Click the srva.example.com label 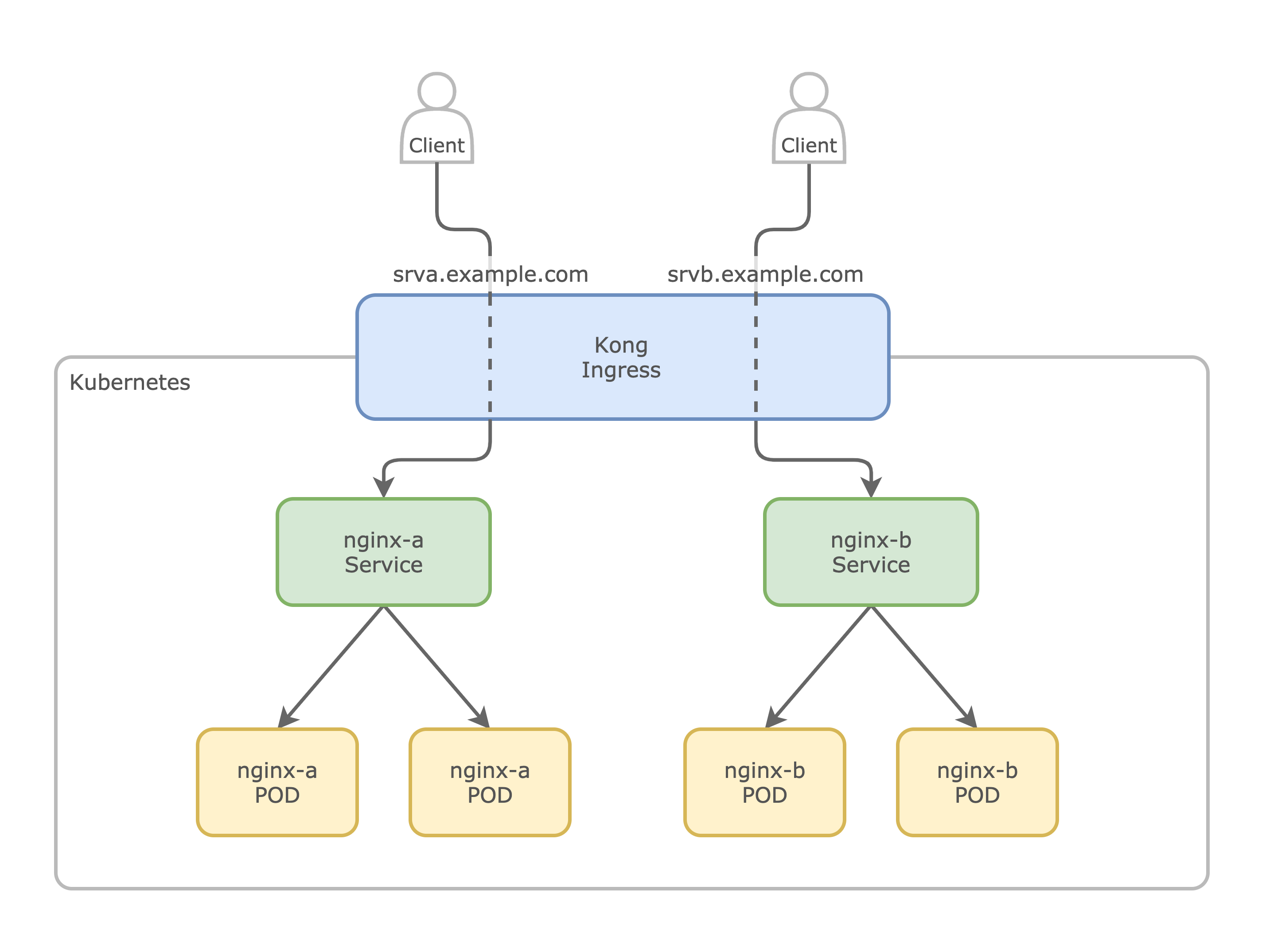[x=490, y=274]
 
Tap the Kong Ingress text [x=621, y=357]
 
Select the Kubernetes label [x=129, y=382]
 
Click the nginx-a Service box [x=383, y=552]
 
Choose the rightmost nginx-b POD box [x=977, y=782]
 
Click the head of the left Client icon [x=436, y=91]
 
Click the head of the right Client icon [x=809, y=91]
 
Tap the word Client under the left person [x=436, y=146]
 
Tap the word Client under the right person [x=809, y=146]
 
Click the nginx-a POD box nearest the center [x=490, y=782]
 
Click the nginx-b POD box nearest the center [x=764, y=782]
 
